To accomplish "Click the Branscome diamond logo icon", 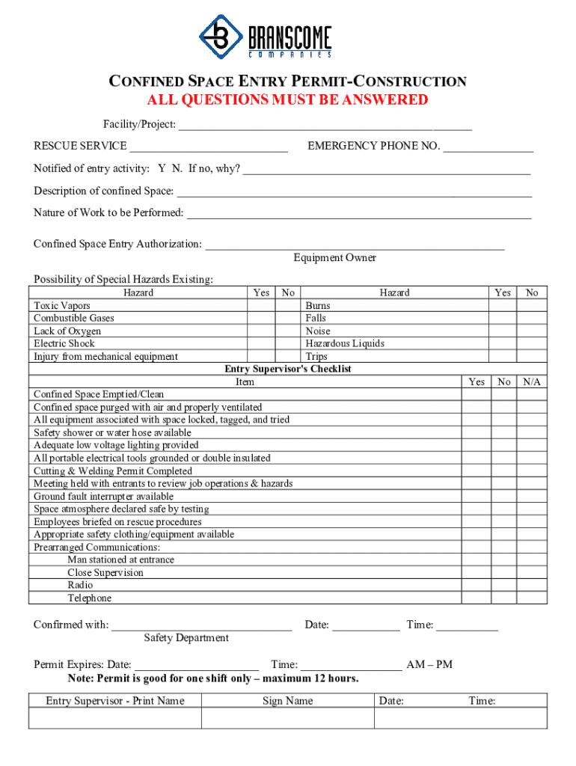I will [x=220, y=36].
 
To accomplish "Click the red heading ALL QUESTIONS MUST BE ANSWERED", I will [x=287, y=100].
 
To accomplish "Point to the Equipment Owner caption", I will [x=334, y=258].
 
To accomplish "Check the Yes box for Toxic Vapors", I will [x=261, y=306].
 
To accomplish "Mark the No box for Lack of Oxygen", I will [x=288, y=331].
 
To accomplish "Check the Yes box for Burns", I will [x=503, y=306].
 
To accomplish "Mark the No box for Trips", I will [x=532, y=357].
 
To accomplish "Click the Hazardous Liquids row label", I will [x=345, y=344].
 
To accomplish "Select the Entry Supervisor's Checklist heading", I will [x=288, y=370].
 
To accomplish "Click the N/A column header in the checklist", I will [x=532, y=382].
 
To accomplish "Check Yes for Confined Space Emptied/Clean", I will [x=477, y=395].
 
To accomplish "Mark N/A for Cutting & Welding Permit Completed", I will [x=532, y=471].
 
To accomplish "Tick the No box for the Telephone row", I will [x=504, y=598].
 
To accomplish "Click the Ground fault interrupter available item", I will [x=103, y=497].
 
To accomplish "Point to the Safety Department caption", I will [x=186, y=638].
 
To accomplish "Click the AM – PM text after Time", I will [x=429, y=665].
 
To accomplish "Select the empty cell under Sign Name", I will [x=287, y=718].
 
